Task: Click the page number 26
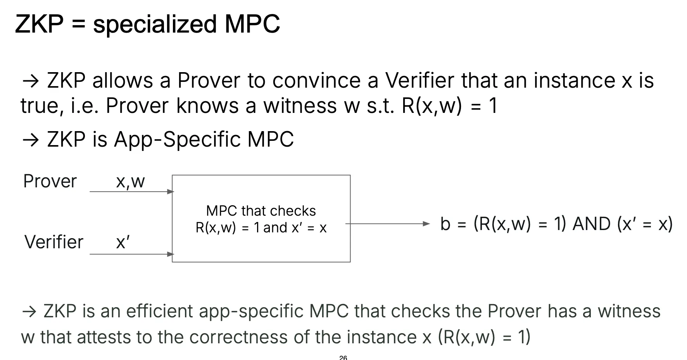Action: [343, 357]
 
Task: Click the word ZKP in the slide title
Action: [39, 24]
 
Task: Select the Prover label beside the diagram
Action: [50, 181]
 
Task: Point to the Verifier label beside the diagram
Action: [54, 242]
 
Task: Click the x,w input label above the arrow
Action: [130, 182]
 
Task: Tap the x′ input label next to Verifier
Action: [123, 242]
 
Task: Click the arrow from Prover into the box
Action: [132, 192]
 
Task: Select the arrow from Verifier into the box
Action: [132, 254]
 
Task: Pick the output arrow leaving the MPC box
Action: [388, 224]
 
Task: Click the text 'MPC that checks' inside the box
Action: [261, 211]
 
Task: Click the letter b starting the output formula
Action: [445, 224]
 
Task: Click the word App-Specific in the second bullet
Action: [177, 140]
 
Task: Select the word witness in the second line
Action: [300, 106]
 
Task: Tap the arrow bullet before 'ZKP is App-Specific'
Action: [31, 140]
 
